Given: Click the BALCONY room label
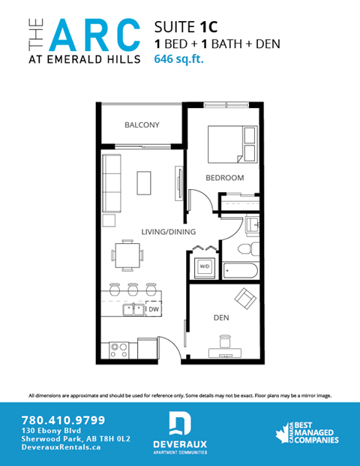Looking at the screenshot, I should click(142, 125).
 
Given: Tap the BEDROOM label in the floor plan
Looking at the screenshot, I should click(225, 178).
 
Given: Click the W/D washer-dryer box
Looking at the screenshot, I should click(204, 266).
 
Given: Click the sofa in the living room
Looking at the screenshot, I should click(112, 182).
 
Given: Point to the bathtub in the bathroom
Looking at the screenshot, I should click(241, 270).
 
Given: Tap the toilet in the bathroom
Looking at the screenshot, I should click(244, 250).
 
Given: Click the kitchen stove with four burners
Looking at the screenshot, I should click(120, 348).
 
